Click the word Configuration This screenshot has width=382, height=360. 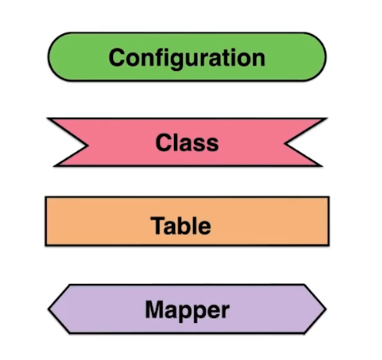[x=187, y=59]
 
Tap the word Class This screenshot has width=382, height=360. [x=187, y=142]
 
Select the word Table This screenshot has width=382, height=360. [x=181, y=225]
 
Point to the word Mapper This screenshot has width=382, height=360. [x=187, y=310]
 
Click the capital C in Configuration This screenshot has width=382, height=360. [x=117, y=58]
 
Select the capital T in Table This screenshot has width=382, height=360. [x=157, y=225]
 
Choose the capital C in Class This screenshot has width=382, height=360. [x=164, y=142]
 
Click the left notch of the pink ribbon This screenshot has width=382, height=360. [x=88, y=145]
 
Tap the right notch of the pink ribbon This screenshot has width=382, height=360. [x=285, y=144]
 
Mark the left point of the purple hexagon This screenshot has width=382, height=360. [x=49, y=309]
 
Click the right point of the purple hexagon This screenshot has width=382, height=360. [x=326, y=309]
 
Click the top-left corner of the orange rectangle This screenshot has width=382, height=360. [x=46, y=197]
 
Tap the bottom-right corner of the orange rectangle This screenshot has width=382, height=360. [x=329, y=245]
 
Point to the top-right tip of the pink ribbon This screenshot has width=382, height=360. [x=327, y=119]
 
